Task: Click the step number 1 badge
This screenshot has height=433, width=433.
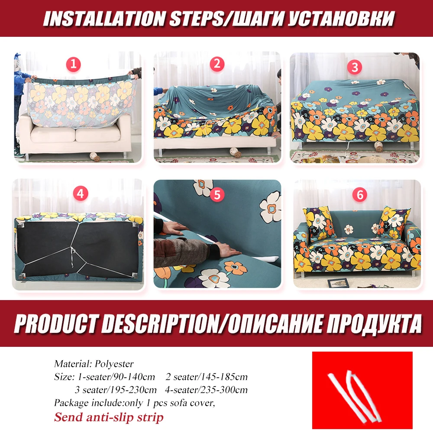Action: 73,65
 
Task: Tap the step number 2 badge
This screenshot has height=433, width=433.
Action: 217,65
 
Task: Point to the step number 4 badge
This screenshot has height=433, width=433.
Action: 79,194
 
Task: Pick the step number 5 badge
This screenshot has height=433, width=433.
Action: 217,194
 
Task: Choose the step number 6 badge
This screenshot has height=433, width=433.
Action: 359,194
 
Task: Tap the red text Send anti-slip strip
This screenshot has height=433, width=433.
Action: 109,417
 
